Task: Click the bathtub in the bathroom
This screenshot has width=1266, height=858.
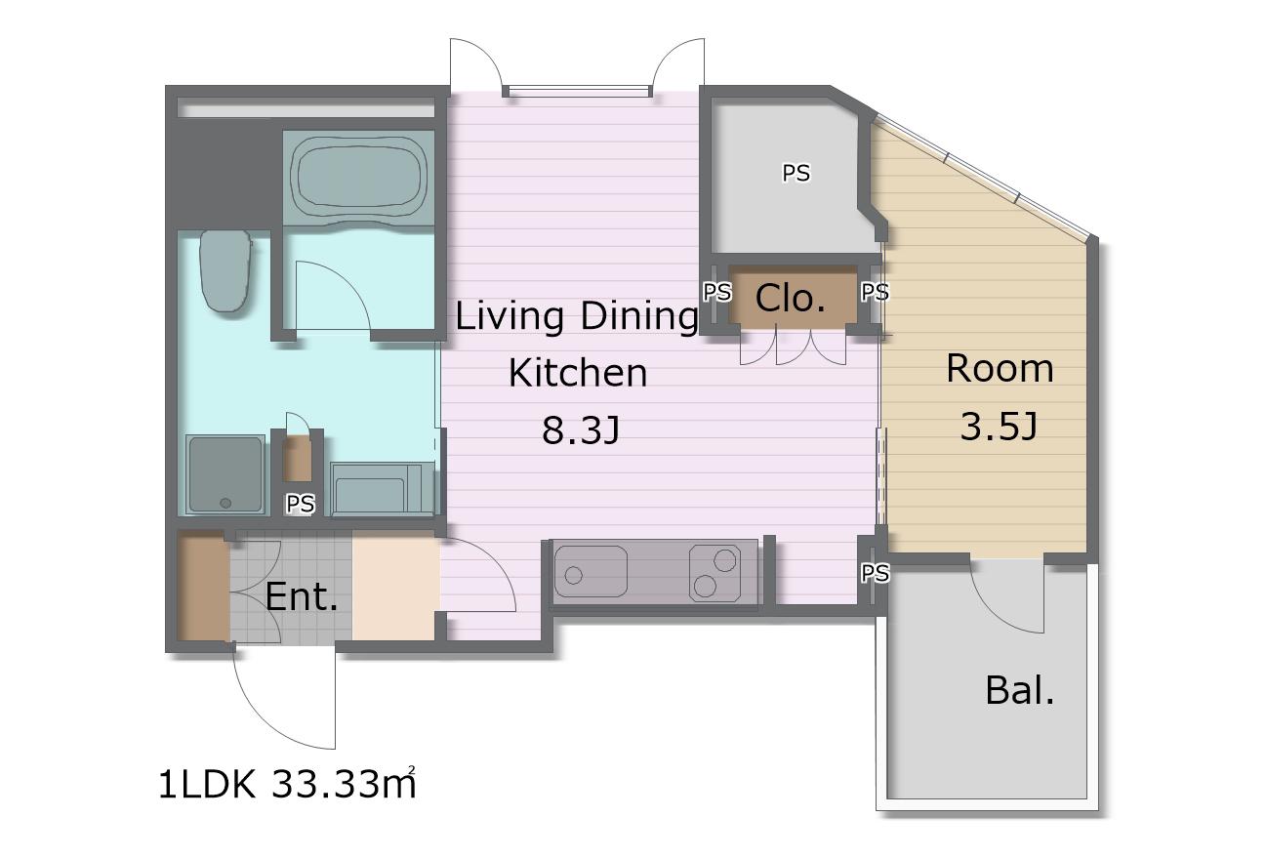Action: click(x=358, y=178)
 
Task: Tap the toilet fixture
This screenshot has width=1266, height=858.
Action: click(x=225, y=270)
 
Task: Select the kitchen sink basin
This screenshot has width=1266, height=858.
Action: click(x=591, y=571)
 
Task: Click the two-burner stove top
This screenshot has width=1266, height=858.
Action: click(x=715, y=573)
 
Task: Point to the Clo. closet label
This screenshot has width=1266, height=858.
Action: click(x=790, y=298)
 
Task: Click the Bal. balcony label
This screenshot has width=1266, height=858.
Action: click(x=1020, y=690)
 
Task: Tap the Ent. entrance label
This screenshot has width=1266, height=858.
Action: click(x=302, y=595)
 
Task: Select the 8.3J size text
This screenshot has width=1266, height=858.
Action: click(x=581, y=429)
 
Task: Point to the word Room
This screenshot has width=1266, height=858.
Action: click(x=1000, y=368)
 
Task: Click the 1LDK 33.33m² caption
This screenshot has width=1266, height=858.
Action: click(x=287, y=784)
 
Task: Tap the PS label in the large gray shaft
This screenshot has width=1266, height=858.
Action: click(x=796, y=173)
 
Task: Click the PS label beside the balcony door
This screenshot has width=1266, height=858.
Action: click(x=875, y=573)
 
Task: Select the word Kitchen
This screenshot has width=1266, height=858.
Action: click(x=578, y=373)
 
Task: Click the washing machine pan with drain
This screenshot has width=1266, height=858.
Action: click(x=225, y=474)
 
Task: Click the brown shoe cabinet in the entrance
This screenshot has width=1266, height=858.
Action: click(x=203, y=588)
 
